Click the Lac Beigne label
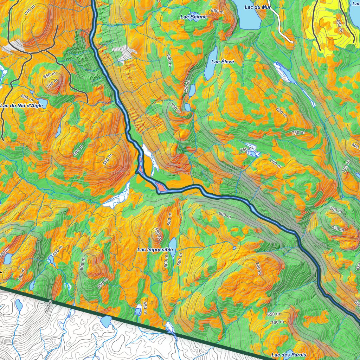tap(194, 17)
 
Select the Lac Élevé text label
tap(223, 62)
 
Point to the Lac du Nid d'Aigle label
tap(21, 105)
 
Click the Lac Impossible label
tap(155, 250)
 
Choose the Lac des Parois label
tap(289, 355)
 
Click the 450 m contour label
tap(145, 308)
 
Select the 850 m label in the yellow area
tap(339, 25)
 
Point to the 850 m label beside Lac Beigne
tap(217, 12)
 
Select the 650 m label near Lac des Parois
tap(274, 314)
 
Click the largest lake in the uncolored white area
tap(106, 321)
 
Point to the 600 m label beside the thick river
tap(224, 214)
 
